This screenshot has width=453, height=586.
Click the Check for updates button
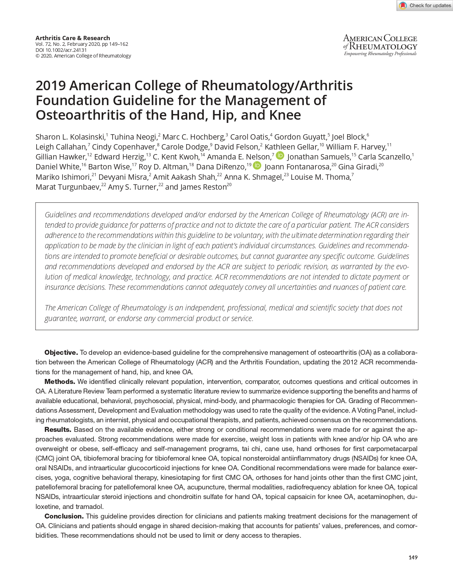pos(425,5)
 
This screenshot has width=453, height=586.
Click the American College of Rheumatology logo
pos(380,45)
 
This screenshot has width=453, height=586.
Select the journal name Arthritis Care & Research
pos(73,38)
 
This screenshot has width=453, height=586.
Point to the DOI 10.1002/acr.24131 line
pos(61,50)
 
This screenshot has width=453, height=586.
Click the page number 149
pos(413,557)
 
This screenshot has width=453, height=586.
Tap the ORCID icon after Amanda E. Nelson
pos(280,156)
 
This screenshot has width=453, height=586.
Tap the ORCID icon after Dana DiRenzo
pos(257,166)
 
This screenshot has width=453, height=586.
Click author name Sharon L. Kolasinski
pos(70,137)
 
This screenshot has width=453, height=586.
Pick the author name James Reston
pos(203,187)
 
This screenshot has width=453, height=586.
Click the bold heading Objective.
pos(61,353)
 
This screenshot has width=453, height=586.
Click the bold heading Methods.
pos(59,382)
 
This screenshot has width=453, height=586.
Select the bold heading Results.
pos(58,430)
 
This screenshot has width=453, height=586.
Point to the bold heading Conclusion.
pos(64,516)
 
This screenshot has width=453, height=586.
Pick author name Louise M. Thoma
pos(320,177)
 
